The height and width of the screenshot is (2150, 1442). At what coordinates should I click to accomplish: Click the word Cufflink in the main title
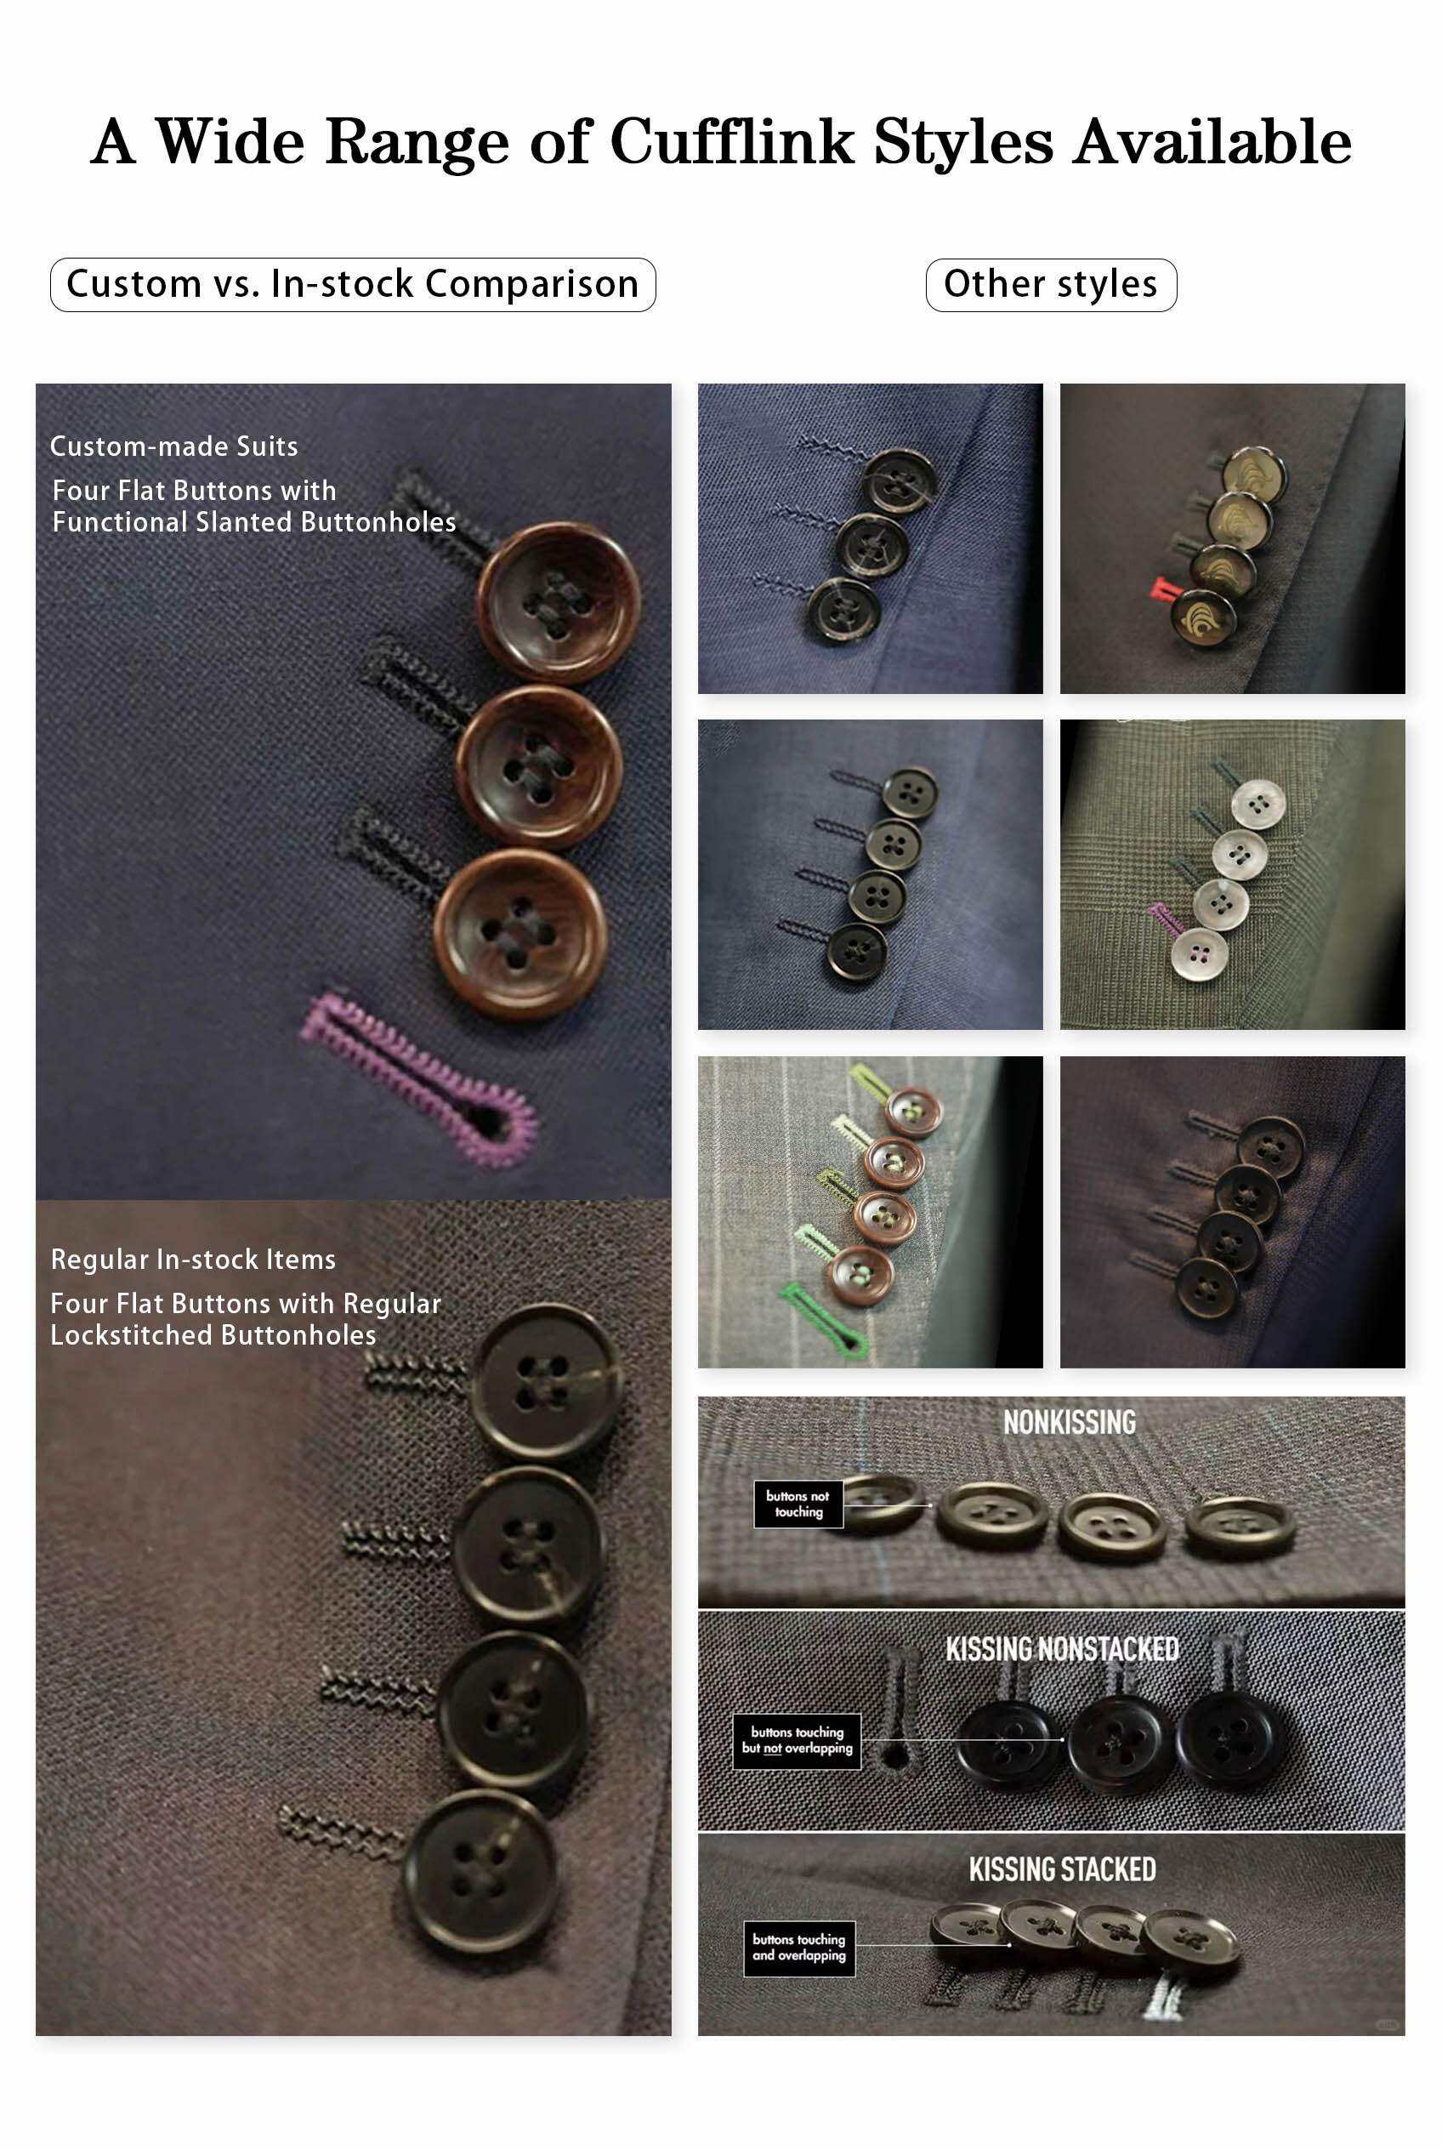click(732, 142)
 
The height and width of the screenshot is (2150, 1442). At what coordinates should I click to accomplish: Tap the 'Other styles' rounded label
click(1050, 284)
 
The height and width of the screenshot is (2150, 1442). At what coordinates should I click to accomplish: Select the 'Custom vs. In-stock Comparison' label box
click(353, 284)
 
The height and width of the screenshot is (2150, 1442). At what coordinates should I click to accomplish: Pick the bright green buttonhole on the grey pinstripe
click(822, 1318)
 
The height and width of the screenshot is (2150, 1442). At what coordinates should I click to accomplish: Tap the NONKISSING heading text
click(1069, 1422)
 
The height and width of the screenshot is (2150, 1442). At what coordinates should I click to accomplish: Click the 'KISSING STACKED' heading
click(1062, 1869)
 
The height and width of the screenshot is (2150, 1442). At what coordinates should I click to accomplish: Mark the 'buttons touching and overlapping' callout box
click(799, 1948)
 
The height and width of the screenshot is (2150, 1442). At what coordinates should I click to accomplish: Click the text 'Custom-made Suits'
click(173, 446)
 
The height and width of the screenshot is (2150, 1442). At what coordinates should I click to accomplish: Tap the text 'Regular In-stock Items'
click(193, 1260)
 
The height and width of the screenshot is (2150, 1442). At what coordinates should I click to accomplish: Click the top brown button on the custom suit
click(559, 604)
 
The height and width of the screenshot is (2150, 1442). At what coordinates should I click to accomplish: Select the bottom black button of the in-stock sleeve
click(480, 1870)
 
